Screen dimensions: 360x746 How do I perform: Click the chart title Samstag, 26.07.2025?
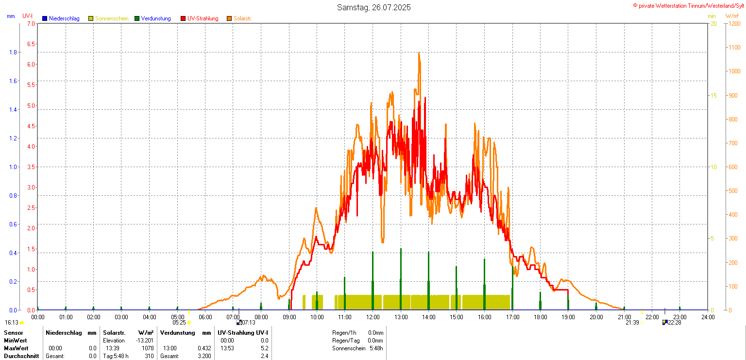[374, 7]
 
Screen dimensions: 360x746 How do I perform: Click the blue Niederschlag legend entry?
[64, 18]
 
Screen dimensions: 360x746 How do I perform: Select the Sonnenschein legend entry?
[111, 18]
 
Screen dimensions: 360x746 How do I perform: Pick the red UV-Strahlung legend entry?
[203, 18]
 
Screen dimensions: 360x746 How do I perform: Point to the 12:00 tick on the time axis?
[373, 317]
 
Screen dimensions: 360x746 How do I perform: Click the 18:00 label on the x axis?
[540, 317]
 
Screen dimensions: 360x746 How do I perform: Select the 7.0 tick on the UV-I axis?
[31, 23]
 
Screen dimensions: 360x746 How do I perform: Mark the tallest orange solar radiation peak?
[419, 53]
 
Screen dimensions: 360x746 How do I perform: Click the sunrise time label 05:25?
[179, 323]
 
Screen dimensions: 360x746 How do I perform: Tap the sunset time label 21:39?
[632, 323]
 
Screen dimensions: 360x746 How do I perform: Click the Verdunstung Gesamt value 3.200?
[204, 356]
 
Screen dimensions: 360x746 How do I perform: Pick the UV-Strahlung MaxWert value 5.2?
[264, 348]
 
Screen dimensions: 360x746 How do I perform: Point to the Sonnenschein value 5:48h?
[375, 348]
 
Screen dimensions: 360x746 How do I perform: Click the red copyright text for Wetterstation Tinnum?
[688, 5]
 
